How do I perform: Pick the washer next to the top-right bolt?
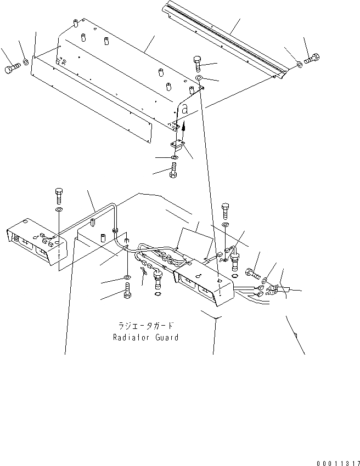tap(299, 65)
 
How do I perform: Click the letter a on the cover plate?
tap(185, 110)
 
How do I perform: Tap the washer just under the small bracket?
tap(174, 159)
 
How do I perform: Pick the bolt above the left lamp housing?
tap(59, 195)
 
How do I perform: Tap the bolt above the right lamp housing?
tap(226, 209)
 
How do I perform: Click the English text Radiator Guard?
tap(145, 338)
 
